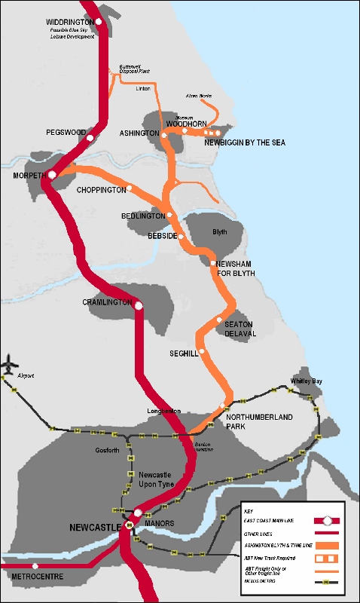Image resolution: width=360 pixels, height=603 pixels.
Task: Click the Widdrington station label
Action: tap(70, 22)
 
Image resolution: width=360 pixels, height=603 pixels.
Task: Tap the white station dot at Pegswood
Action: tap(90, 139)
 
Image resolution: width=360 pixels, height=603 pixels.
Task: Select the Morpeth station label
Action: tap(29, 175)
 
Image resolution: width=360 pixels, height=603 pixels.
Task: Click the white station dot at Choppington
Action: tap(130, 188)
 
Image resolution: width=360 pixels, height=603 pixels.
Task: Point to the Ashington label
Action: tap(139, 133)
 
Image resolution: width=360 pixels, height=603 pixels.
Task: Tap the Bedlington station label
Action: tap(142, 216)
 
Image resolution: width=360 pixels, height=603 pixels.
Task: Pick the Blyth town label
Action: tap(219, 232)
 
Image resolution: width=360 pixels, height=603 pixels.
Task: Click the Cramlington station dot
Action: tap(139, 305)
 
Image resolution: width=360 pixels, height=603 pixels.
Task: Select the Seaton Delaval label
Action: tap(241, 329)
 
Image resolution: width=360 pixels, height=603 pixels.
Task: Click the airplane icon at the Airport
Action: tap(10, 363)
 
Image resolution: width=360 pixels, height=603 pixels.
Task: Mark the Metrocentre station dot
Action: tap(35, 565)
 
